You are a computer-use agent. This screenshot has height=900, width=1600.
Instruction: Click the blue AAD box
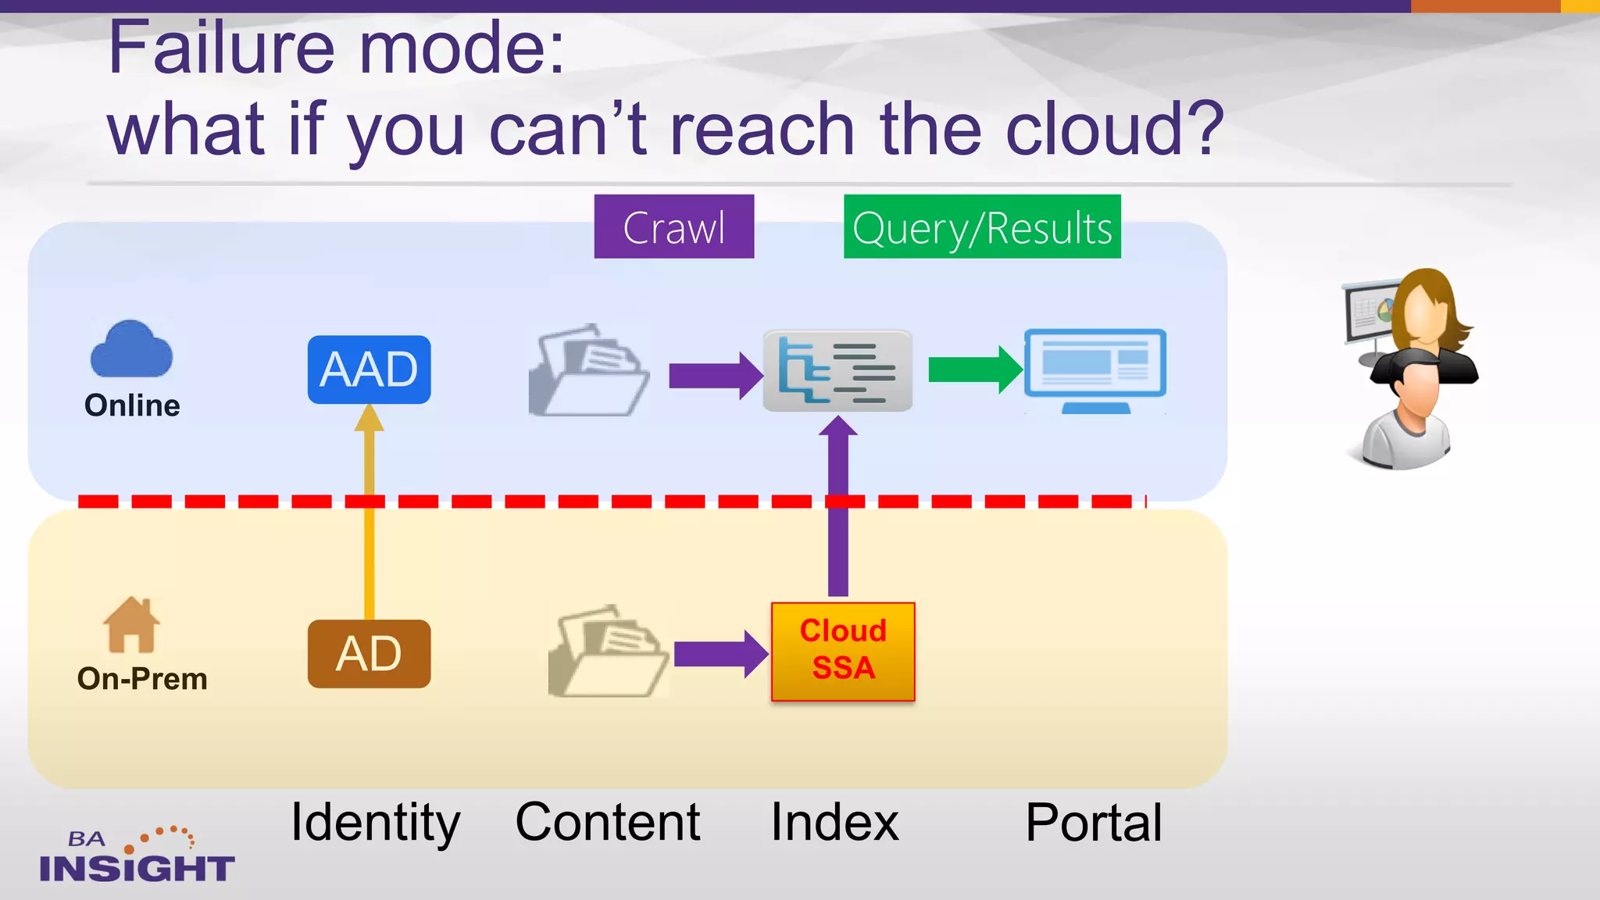coord(369,370)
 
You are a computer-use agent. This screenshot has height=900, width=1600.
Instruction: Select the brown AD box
coord(369,654)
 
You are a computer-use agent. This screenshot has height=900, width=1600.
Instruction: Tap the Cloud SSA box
coord(843,651)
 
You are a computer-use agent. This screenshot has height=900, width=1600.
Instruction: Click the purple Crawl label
coord(673,227)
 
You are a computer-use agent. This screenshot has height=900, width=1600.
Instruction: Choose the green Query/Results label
coord(982,227)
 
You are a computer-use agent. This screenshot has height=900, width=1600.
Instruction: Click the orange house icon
coord(131,624)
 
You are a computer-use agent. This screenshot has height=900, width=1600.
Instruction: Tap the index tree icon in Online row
coord(837,370)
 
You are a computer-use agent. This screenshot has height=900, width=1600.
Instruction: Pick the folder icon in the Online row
coord(588,370)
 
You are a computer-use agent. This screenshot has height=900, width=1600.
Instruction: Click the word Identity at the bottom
coord(375,822)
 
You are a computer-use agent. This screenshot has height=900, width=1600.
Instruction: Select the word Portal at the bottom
coord(1094,822)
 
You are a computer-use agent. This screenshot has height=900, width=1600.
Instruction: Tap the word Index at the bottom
coord(834,822)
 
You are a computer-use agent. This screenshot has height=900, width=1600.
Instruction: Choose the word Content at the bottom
coord(608,822)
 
